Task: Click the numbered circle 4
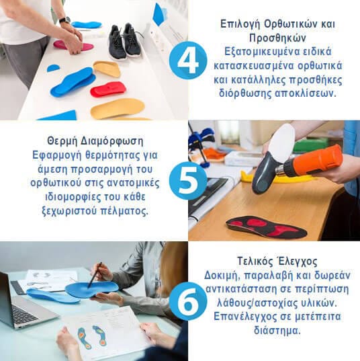188,61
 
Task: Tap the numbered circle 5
188,180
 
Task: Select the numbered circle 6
188,301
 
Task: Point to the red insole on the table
108,89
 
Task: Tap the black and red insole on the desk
266,227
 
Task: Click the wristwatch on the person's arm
64,20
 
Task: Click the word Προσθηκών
277,38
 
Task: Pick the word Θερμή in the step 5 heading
62,141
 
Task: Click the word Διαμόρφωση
111,141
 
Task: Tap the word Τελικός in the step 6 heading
254,262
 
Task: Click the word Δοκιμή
221,276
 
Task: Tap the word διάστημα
277,330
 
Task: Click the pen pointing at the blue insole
95,275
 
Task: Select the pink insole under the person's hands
74,45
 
